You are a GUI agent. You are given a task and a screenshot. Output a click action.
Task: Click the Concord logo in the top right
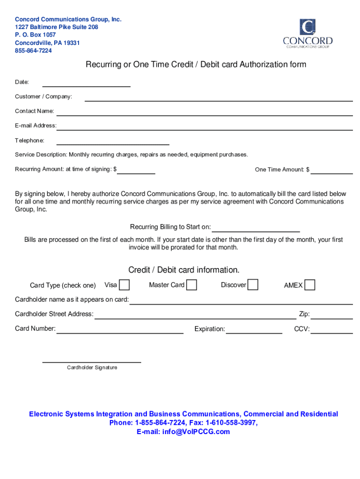[x=308, y=34]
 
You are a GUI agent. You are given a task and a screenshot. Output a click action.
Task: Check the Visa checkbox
[x=124, y=285]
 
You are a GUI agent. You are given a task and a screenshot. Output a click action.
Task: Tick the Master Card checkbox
[x=191, y=285]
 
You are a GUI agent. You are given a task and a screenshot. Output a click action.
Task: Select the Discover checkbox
[x=252, y=284]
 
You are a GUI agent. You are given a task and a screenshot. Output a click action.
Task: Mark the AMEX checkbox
[x=310, y=285]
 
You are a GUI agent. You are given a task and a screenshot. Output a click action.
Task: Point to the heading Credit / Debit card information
[x=184, y=270]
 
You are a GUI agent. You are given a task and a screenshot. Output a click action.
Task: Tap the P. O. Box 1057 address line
[x=36, y=35]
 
